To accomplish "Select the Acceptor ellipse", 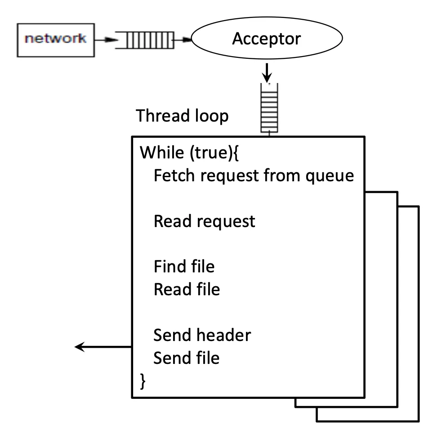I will pyautogui.click(x=266, y=39).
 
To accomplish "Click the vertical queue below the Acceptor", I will pyautogui.click(x=268, y=108).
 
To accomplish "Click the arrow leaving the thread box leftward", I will pyautogui.click(x=103, y=346).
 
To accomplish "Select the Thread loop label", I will pyautogui.click(x=182, y=116).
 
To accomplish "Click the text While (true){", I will pyautogui.click(x=191, y=153).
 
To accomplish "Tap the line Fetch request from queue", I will pyautogui.click(x=254, y=175).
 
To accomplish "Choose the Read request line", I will pyautogui.click(x=204, y=221).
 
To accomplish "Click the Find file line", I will pyautogui.click(x=184, y=267).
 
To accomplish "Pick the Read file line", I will pyautogui.click(x=187, y=289).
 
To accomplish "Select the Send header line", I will pyautogui.click(x=202, y=335).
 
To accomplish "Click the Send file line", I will pyautogui.click(x=187, y=358).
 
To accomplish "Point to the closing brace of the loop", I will pyautogui.click(x=144, y=381).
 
